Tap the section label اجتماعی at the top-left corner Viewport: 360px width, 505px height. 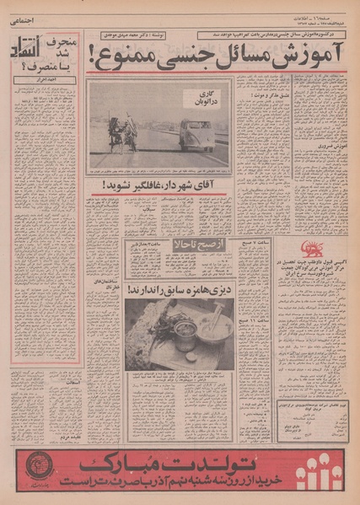[23, 24]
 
